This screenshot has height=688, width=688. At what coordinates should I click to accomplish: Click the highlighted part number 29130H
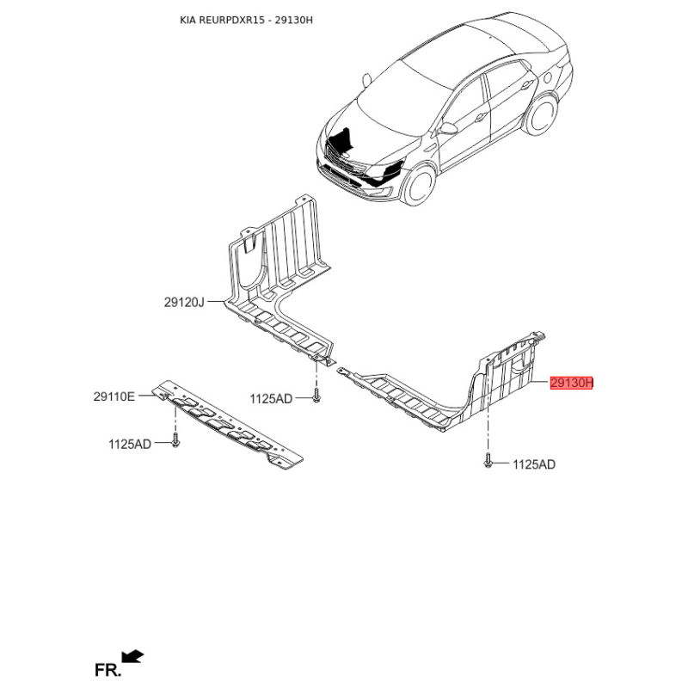point(571,383)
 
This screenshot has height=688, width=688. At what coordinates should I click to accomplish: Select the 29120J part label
point(184,303)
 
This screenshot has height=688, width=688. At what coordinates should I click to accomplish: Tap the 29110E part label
point(114,396)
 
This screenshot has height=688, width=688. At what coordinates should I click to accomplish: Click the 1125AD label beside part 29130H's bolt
point(534,464)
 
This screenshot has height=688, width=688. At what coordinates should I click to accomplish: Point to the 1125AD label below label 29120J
point(271,399)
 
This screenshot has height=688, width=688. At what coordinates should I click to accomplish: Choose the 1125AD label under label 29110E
point(130,444)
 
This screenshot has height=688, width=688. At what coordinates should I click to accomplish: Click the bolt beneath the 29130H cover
point(488,461)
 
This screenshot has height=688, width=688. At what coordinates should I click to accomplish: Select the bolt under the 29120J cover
point(316,395)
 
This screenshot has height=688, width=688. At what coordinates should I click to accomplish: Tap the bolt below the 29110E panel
point(175,440)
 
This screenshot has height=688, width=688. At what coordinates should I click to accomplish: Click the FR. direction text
point(107,670)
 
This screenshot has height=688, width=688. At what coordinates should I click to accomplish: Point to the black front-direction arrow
point(132,656)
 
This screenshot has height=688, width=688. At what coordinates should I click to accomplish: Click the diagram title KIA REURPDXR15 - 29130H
point(246,20)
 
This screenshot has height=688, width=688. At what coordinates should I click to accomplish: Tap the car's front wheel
point(419,184)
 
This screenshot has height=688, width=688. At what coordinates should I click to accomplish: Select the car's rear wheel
point(541,115)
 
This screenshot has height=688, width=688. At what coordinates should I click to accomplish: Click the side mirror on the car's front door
point(448,128)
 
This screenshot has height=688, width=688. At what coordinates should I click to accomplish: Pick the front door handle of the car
point(481,117)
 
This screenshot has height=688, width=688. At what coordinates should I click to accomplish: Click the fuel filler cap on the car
point(547,77)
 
